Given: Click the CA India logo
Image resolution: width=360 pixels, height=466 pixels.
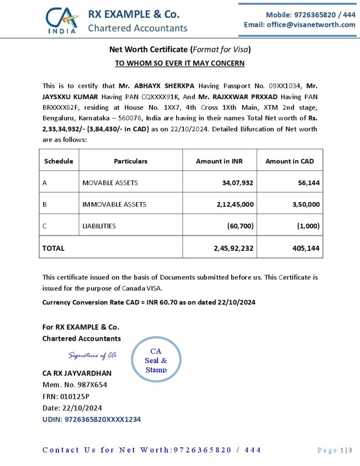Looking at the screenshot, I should (62, 20).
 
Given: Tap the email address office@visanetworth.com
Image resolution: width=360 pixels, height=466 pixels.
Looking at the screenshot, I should (299, 25).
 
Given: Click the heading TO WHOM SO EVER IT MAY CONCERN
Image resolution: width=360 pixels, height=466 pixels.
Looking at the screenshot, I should (180, 63).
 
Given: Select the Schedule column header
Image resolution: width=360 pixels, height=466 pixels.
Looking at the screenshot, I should (59, 161).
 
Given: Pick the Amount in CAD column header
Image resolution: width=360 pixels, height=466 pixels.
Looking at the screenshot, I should (289, 161).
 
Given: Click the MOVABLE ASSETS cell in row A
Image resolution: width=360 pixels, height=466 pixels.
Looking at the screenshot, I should (110, 183).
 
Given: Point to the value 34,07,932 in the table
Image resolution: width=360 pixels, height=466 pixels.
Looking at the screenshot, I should (235, 183).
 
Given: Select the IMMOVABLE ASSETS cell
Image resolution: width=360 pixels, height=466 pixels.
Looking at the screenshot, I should (114, 204).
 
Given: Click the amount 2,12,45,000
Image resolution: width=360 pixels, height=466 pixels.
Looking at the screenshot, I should (235, 204).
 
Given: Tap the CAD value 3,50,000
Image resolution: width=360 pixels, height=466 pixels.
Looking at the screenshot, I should (306, 204).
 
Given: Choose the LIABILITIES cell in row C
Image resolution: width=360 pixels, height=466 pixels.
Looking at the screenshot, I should (99, 226).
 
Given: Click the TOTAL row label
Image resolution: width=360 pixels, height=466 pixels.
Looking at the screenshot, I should (53, 248).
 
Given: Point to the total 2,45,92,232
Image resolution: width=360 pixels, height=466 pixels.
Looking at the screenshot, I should (233, 248).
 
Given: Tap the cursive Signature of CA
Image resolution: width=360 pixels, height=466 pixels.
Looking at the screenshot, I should (92, 355).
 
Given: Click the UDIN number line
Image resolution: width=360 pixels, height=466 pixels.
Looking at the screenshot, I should (91, 419).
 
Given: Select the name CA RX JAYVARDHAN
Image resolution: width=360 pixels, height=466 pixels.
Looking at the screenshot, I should (76, 373).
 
